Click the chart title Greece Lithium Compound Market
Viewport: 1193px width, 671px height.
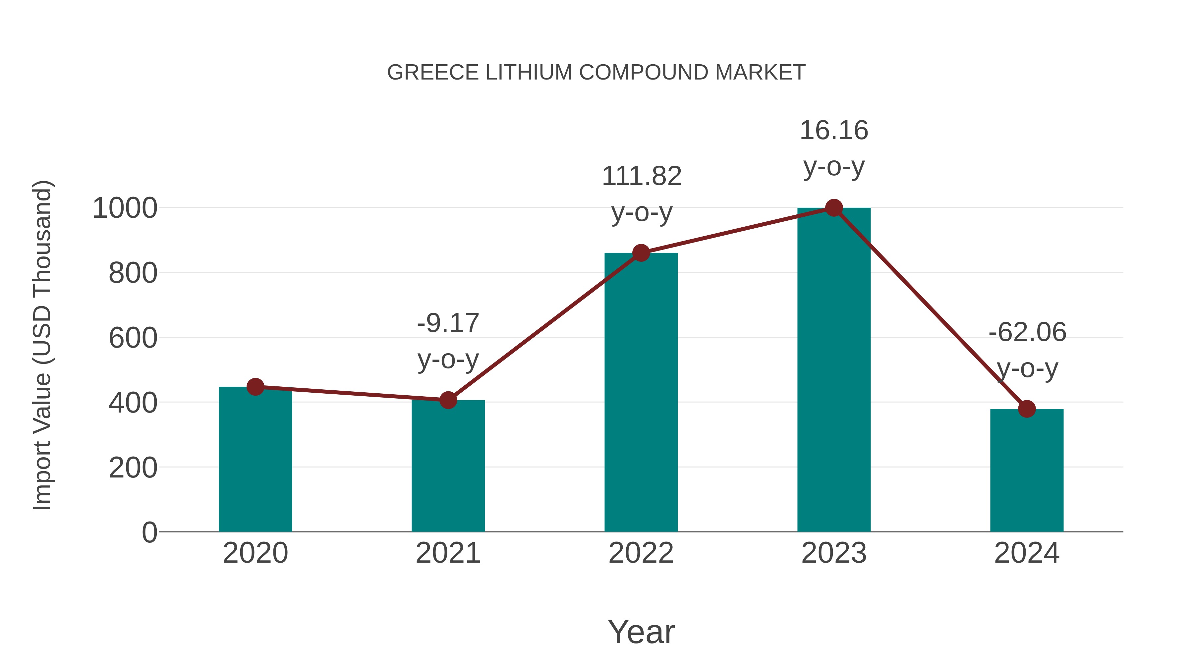point(596,73)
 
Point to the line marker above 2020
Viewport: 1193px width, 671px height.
point(255,387)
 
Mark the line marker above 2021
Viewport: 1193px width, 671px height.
point(448,400)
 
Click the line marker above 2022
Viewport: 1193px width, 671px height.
point(641,253)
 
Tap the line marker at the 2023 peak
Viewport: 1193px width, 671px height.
point(834,208)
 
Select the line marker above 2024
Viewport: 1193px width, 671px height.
point(1027,409)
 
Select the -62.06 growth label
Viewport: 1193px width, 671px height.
point(1027,350)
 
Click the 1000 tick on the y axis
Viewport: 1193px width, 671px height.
point(125,208)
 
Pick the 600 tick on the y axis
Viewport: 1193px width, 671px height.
point(133,338)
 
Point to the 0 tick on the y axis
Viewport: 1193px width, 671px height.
point(149,532)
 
